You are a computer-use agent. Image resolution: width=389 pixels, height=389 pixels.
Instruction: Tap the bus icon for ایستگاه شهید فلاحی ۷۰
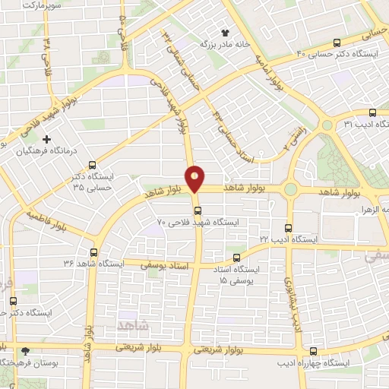point(196,210)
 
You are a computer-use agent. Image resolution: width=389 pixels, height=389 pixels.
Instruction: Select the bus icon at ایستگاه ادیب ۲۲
point(287,227)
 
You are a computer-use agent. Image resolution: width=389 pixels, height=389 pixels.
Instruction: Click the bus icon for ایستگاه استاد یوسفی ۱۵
point(236,258)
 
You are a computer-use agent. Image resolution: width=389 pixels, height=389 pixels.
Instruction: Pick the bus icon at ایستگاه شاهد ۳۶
point(94,252)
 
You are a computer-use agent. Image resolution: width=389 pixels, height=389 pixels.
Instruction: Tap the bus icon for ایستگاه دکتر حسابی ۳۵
point(92,164)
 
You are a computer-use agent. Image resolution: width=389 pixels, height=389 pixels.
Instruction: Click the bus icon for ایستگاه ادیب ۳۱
point(372,112)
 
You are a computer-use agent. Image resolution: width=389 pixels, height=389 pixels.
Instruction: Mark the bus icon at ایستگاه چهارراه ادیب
point(314,351)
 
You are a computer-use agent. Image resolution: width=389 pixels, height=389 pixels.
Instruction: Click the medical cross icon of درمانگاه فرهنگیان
point(47,140)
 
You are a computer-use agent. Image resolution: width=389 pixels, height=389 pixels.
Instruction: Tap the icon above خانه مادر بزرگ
point(224,32)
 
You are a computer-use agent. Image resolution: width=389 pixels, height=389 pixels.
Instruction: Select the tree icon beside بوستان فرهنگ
point(27,351)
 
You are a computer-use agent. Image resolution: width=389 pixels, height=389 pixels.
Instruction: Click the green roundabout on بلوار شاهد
point(289,189)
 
